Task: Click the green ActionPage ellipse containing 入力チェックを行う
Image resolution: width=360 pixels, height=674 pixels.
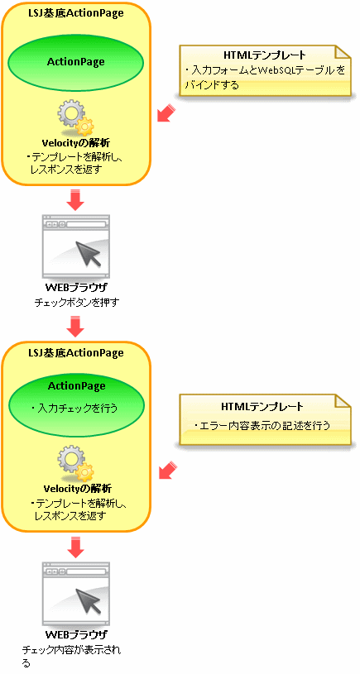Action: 77,401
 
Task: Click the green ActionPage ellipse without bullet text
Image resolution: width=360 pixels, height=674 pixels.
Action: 77,62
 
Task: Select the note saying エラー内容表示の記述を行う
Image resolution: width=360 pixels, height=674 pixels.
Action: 265,419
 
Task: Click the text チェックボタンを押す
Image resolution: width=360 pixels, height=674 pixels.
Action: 77,303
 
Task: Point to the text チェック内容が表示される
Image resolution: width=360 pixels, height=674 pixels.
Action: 71,656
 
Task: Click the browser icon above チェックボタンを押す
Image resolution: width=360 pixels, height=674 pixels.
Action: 76,246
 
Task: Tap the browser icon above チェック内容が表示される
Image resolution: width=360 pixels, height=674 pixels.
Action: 76,594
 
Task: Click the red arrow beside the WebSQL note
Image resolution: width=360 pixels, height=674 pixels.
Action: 166,112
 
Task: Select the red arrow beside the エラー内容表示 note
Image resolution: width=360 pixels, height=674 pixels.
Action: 168,470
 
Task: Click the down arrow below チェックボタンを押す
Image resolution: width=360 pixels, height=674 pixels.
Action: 76,327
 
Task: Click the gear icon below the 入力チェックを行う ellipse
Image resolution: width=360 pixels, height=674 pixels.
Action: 76,463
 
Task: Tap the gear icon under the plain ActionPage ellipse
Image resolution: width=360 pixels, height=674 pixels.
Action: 76,118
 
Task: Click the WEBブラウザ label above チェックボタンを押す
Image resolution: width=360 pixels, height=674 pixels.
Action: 76,288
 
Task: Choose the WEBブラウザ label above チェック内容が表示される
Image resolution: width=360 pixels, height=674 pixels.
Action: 76,634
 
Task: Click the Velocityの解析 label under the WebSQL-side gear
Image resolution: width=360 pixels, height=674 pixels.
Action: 78,143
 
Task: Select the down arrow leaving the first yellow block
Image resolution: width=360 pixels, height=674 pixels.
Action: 76,199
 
